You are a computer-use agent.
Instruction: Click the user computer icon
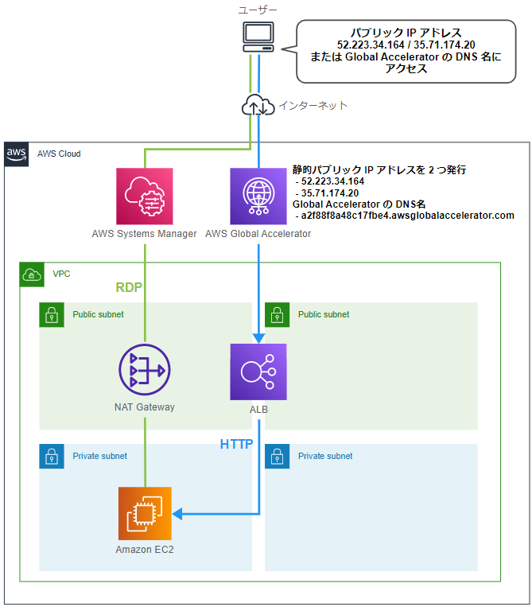258,37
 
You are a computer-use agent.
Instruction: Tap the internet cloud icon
258,105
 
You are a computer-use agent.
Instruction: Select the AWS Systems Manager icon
144,196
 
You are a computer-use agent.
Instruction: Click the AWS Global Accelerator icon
258,196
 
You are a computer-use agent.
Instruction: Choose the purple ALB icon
258,372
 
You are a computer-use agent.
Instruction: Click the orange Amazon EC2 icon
144,514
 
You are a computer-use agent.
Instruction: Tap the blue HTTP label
236,444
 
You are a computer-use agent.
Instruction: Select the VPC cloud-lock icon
32,274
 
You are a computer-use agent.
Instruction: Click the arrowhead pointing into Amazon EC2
178,515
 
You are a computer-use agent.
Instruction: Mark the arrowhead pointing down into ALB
258,337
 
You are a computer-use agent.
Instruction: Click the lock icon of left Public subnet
52,314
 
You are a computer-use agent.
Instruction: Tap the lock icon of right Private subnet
277,456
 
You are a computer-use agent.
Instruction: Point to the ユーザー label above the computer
258,10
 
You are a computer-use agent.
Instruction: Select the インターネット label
313,105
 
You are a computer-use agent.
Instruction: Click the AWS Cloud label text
59,154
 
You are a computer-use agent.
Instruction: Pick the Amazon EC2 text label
144,550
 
